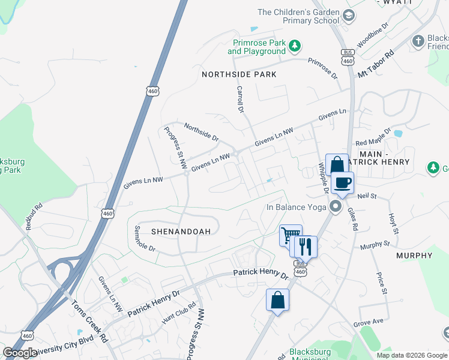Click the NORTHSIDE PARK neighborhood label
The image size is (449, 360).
239,74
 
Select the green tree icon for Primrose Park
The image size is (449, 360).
294,46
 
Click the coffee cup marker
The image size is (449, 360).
342,182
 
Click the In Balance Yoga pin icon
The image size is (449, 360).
335,208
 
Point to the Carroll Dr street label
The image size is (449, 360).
240,100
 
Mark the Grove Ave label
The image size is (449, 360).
368,322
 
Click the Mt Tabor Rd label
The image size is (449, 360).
375,63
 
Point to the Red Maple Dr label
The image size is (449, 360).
373,138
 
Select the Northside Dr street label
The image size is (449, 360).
201,131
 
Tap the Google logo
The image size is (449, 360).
20,353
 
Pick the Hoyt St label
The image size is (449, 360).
393,223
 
